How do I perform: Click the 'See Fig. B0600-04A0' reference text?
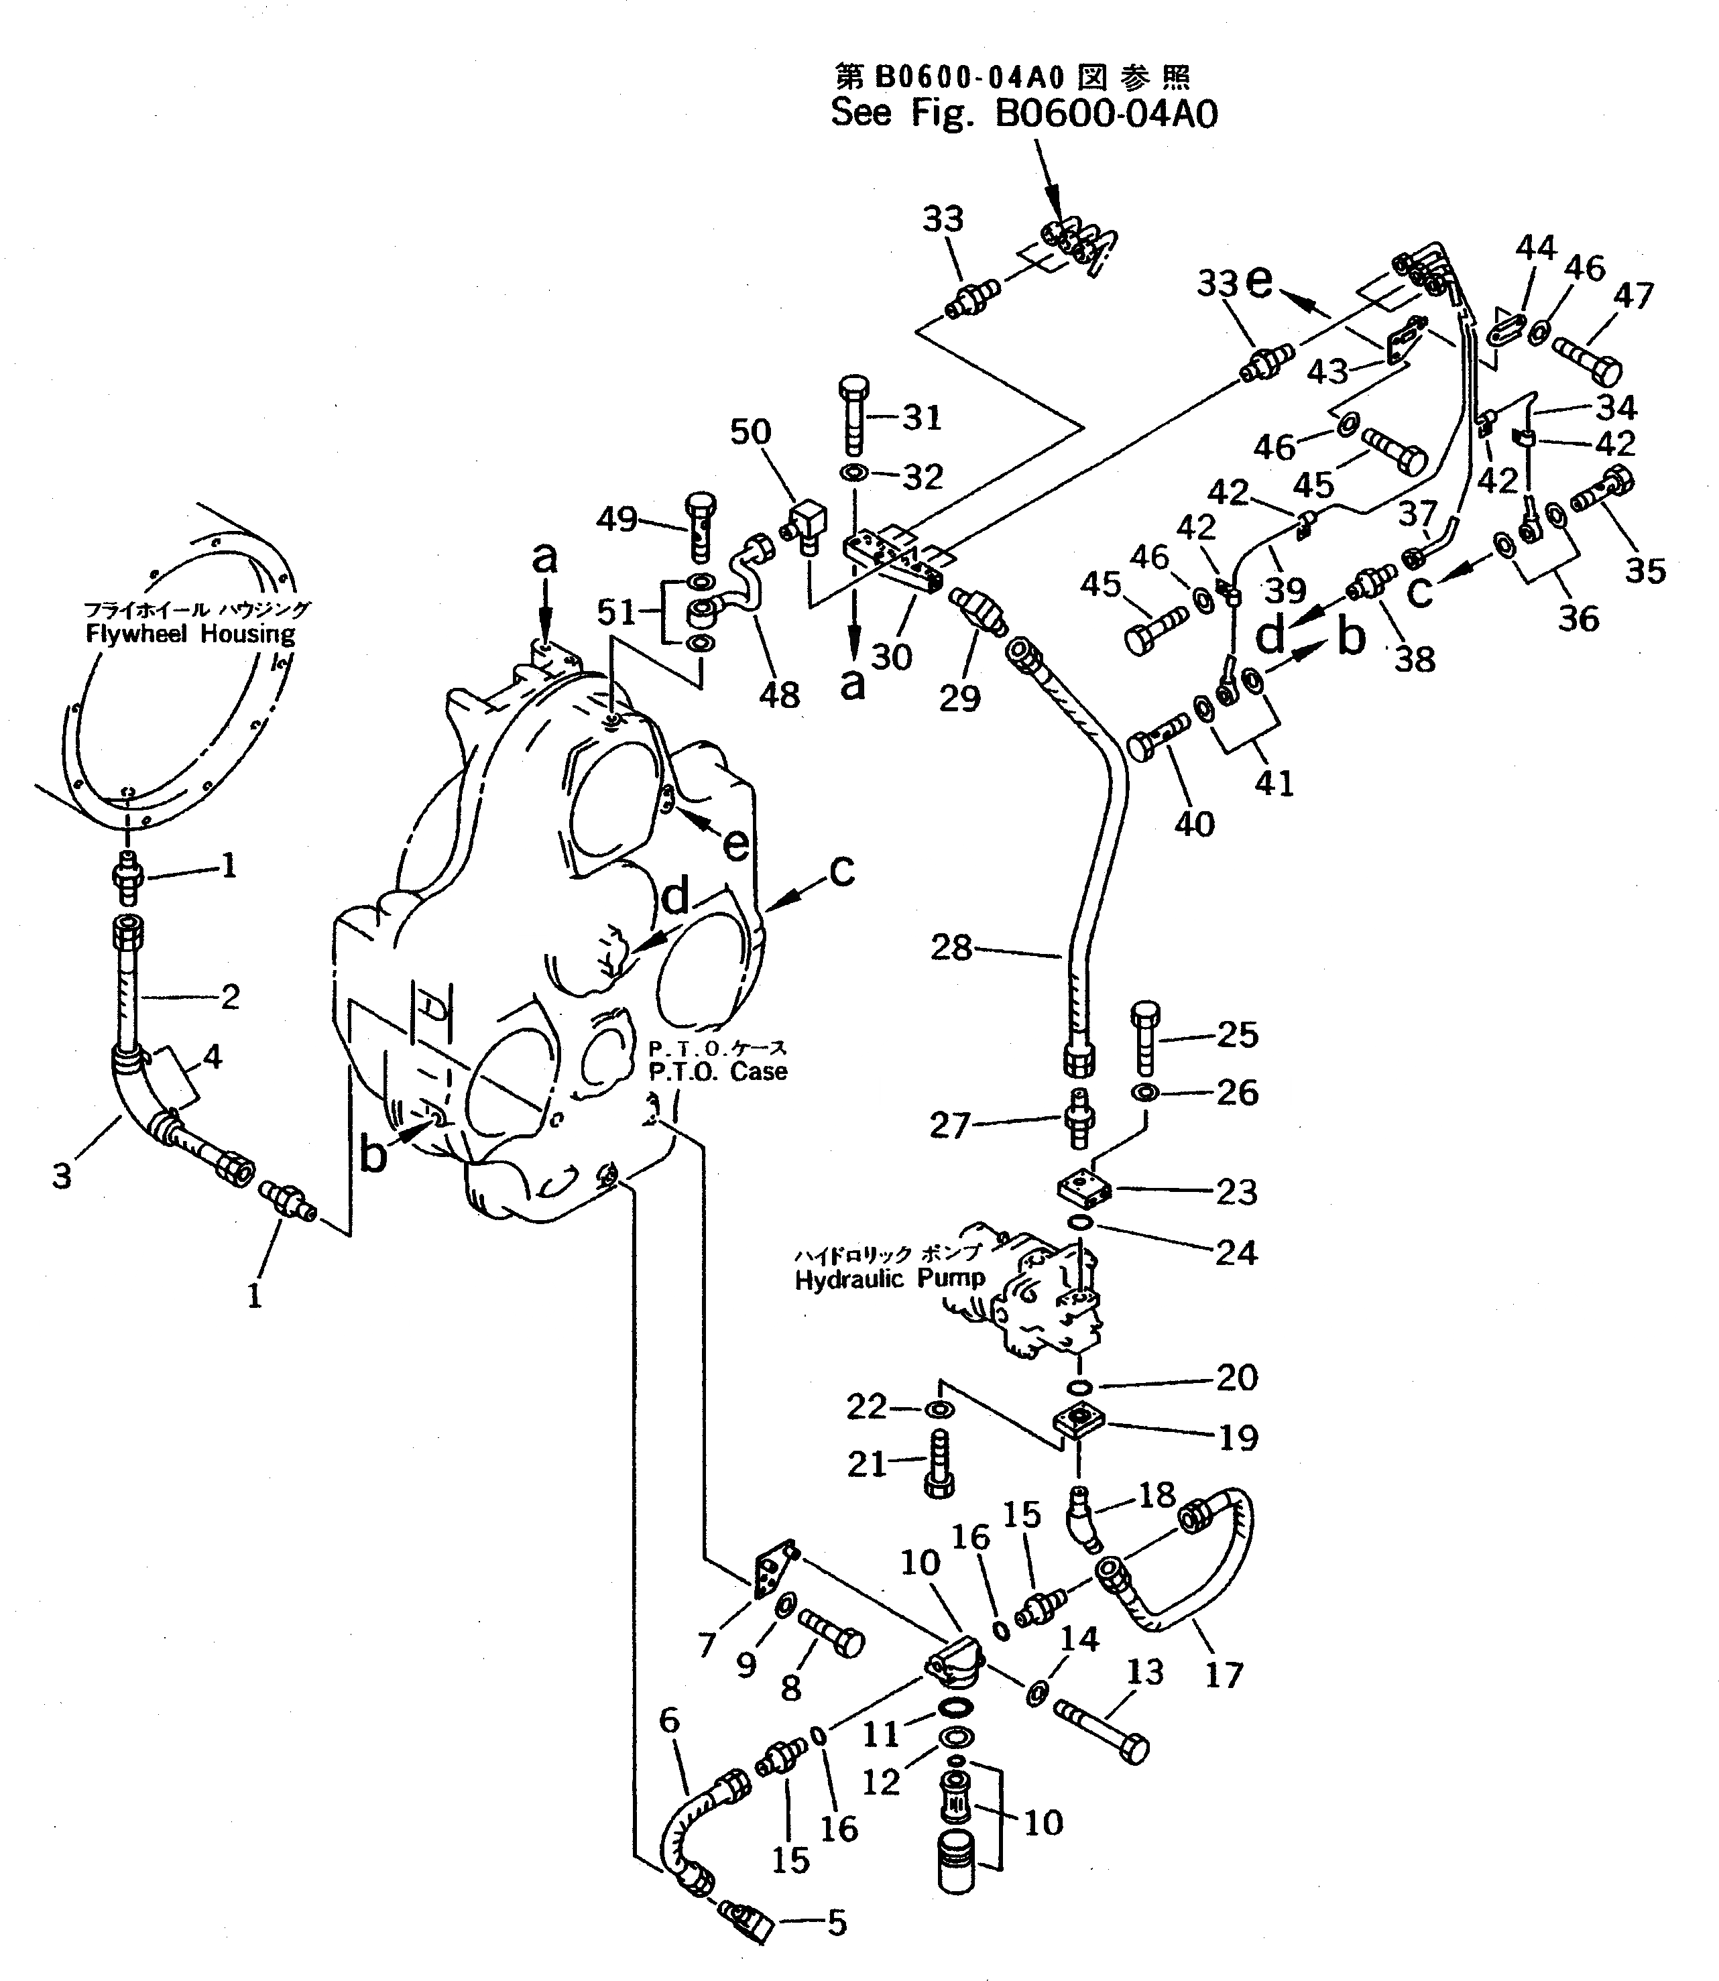pos(1024,114)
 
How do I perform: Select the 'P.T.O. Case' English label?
pos(717,1071)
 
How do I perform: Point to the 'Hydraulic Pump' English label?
pos(889,1279)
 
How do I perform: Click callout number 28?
pos(951,949)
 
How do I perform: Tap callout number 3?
pos(62,1175)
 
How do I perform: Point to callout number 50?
pos(750,432)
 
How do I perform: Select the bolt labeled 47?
pos(1587,360)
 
